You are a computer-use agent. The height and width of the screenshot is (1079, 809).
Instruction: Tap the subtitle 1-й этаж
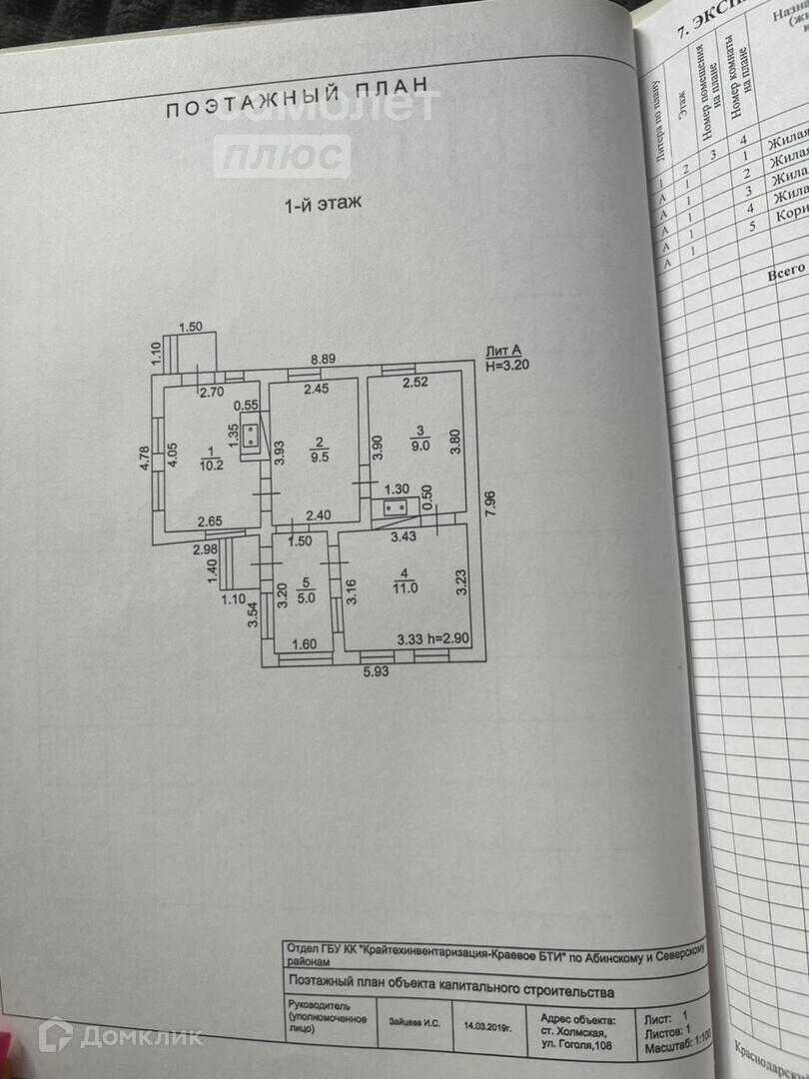click(323, 204)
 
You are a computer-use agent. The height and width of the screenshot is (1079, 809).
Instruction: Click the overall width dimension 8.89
click(323, 359)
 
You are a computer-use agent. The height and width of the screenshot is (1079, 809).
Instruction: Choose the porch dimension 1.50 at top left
click(190, 327)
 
